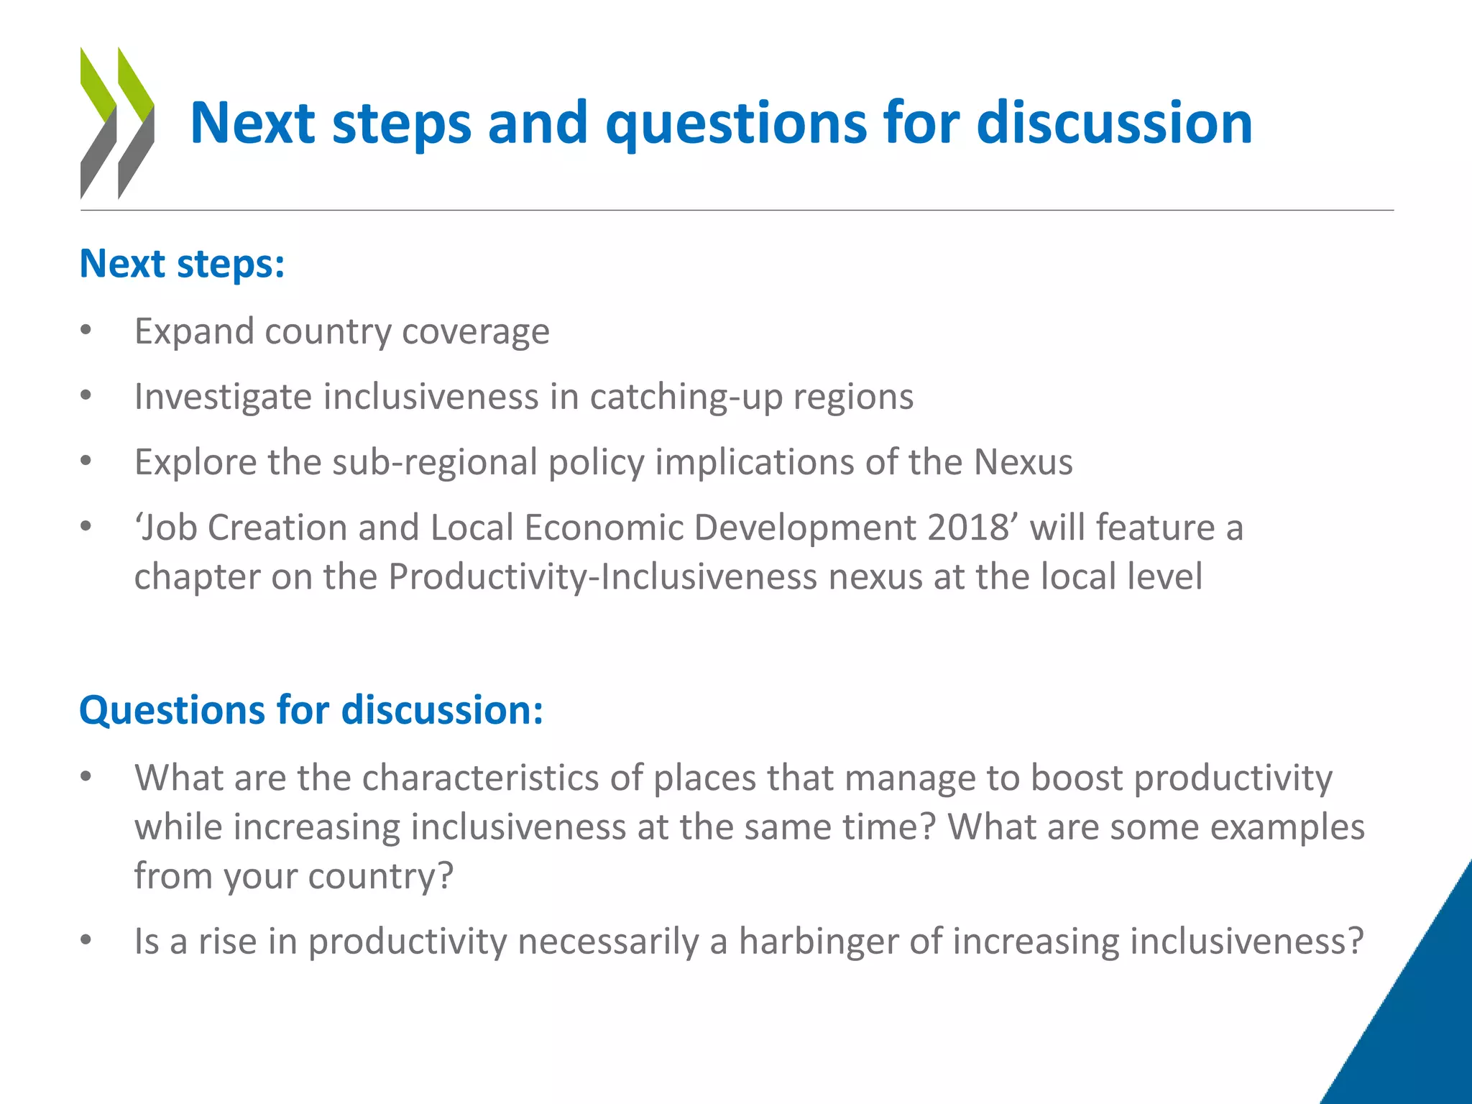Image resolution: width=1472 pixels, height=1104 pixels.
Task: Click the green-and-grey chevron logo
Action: tap(116, 123)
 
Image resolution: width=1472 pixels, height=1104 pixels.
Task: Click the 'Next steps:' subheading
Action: tap(182, 264)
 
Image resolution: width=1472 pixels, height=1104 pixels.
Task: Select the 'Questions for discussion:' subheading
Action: tap(310, 710)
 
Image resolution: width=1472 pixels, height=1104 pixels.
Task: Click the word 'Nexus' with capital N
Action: tap(1023, 462)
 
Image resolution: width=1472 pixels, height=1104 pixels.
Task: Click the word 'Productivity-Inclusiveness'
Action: tap(602, 577)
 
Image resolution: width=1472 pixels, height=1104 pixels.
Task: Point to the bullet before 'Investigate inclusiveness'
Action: tap(86, 396)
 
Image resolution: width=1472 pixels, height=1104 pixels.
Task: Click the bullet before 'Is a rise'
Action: tap(86, 940)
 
